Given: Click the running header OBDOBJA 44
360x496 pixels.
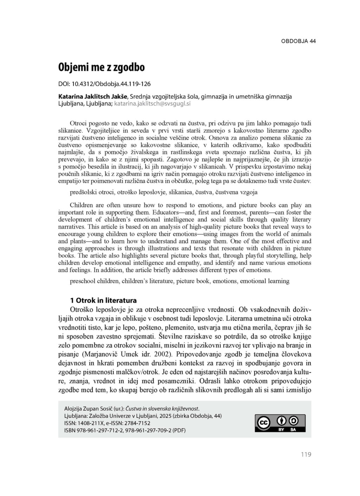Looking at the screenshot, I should point(298,41).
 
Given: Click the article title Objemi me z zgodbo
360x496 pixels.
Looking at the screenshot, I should point(101,67).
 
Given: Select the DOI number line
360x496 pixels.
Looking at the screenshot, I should point(104,84).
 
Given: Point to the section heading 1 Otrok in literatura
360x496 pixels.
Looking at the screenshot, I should point(103,300).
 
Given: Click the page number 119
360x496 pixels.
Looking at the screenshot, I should point(306,455).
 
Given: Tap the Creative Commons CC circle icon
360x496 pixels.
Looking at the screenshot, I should point(264,423).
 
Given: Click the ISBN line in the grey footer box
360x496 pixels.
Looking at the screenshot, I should point(125,430).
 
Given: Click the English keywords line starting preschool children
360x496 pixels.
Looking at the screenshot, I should point(179,281).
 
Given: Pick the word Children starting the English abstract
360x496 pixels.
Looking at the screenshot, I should point(81,205).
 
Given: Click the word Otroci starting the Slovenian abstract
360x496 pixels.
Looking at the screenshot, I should point(79,123).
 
